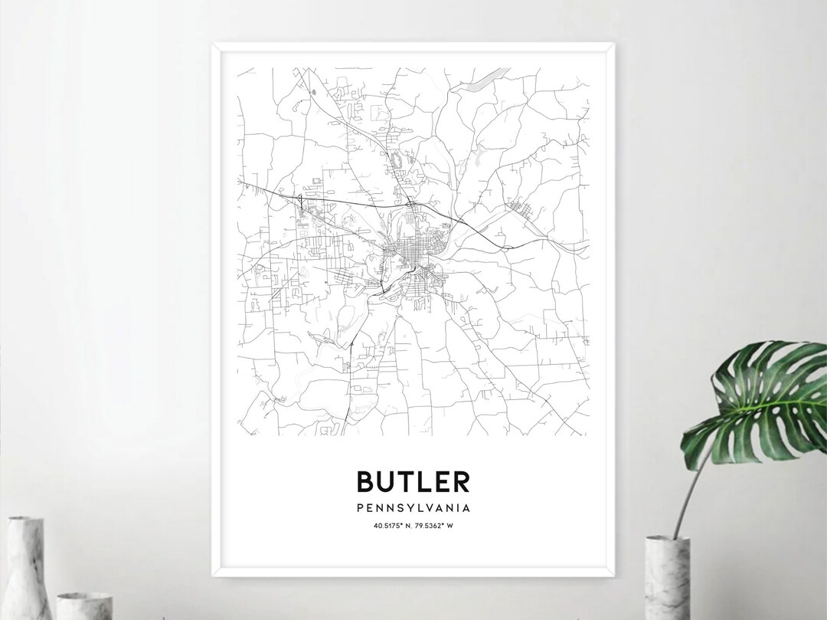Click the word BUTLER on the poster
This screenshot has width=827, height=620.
click(413, 481)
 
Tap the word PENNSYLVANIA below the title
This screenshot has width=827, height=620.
click(413, 507)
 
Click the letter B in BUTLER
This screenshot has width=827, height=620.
click(365, 481)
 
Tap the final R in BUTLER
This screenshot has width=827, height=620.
click(460, 481)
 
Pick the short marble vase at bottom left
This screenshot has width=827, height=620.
click(85, 605)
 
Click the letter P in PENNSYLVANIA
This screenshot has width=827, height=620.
click(360, 507)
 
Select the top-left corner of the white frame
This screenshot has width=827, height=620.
click(213, 44)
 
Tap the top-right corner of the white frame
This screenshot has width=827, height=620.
click(614, 44)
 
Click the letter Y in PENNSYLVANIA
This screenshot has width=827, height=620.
click(400, 507)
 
